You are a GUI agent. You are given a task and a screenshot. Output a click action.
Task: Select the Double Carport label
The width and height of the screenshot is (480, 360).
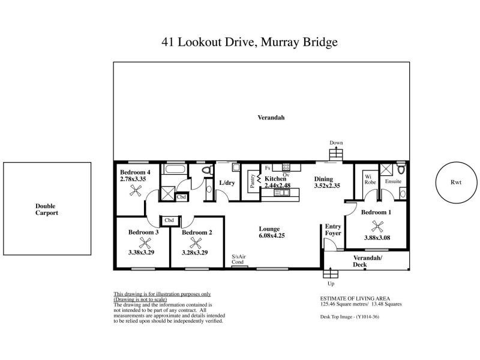(46, 209)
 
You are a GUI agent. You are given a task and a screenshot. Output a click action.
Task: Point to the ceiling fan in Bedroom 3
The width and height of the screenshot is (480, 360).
(145, 243)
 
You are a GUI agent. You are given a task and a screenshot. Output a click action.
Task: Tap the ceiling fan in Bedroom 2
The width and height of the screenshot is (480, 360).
(195, 243)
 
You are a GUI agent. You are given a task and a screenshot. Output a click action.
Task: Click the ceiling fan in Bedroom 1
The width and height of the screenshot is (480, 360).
(377, 227)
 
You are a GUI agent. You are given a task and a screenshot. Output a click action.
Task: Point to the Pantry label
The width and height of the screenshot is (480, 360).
(253, 182)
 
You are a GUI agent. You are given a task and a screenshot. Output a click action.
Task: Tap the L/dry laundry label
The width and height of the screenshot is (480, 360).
(226, 182)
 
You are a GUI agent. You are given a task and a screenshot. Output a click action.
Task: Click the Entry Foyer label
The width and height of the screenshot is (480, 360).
(333, 229)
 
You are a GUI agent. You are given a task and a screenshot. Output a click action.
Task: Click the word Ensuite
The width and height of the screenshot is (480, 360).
(394, 181)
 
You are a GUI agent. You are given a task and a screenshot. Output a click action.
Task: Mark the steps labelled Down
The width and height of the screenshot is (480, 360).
(336, 153)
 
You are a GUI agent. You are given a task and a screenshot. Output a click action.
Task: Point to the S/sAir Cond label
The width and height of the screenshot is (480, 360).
(238, 260)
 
